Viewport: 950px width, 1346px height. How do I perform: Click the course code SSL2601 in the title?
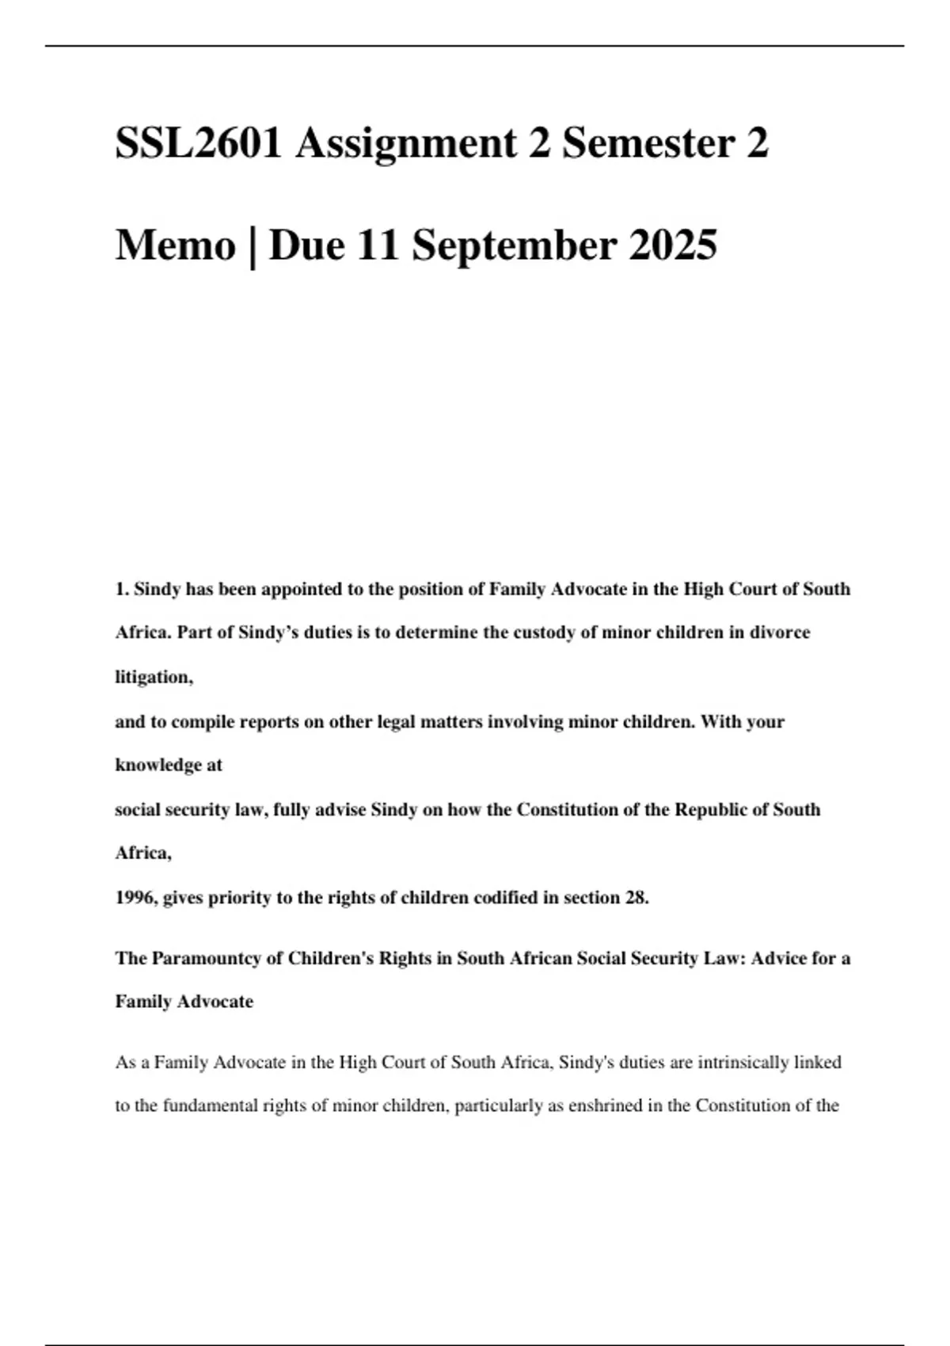pyautogui.click(x=199, y=143)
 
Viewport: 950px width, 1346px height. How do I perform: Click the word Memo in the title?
pyautogui.click(x=176, y=245)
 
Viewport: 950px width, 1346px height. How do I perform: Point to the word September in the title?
pyautogui.click(x=514, y=245)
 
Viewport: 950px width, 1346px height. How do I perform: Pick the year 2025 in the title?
pyautogui.click(x=673, y=245)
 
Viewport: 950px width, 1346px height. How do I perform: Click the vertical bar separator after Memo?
pyautogui.click(x=253, y=245)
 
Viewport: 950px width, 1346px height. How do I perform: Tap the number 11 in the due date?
pyautogui.click(x=378, y=245)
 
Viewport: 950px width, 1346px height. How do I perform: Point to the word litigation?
pyautogui.click(x=154, y=677)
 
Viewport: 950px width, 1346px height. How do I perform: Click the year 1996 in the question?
pyautogui.click(x=136, y=898)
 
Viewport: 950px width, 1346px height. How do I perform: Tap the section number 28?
pyautogui.click(x=636, y=898)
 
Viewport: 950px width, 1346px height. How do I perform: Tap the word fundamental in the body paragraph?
pyautogui.click(x=211, y=1105)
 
